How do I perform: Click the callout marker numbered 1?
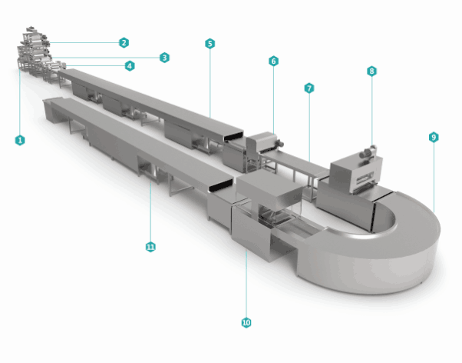click(x=20, y=140)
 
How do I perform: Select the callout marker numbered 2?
click(x=124, y=43)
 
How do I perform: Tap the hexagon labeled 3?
click(x=164, y=58)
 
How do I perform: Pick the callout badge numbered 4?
click(x=130, y=66)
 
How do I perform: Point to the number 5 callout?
click(x=210, y=44)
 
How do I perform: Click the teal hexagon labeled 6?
click(x=273, y=61)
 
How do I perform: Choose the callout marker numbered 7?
click(x=309, y=88)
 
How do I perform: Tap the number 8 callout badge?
click(x=372, y=72)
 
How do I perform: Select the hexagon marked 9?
click(x=434, y=138)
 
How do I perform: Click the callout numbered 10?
click(x=246, y=322)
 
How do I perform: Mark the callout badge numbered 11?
click(x=150, y=247)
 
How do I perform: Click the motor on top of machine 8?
click(x=368, y=152)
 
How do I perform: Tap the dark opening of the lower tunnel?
click(x=221, y=185)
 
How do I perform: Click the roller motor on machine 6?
click(x=278, y=144)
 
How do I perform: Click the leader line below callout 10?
click(x=246, y=284)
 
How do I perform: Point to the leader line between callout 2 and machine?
click(x=84, y=43)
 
